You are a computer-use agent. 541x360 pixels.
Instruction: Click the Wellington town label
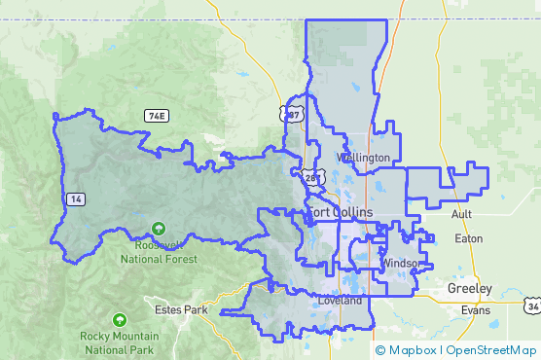pyautogui.click(x=363, y=158)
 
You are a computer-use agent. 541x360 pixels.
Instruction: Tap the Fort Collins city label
pyautogui.click(x=333, y=213)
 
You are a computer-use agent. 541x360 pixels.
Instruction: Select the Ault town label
pyautogui.click(x=462, y=214)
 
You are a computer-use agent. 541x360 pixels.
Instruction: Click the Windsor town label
pyautogui.click(x=401, y=264)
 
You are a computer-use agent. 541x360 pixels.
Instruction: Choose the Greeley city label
pyautogui.click(x=470, y=289)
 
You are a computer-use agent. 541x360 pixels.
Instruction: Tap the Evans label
pyautogui.click(x=476, y=310)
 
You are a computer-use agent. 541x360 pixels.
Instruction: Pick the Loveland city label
pyautogui.click(x=340, y=301)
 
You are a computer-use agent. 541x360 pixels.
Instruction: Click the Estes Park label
pyautogui.click(x=182, y=310)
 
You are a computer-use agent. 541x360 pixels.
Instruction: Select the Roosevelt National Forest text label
pyautogui.click(x=159, y=253)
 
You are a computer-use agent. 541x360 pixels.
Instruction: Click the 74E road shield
pyautogui.click(x=157, y=116)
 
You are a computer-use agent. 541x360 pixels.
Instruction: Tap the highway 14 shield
pyautogui.click(x=75, y=198)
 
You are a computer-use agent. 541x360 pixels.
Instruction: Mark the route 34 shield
pyautogui.click(x=533, y=306)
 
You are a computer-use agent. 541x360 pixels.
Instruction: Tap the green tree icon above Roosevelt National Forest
pyautogui.click(x=158, y=231)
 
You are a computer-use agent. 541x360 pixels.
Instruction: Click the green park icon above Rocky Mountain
pyautogui.click(x=120, y=319)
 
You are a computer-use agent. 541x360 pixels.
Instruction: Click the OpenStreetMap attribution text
pyautogui.click(x=491, y=349)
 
